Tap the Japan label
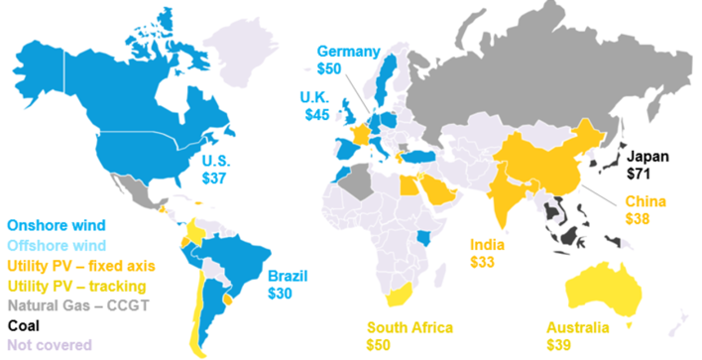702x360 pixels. (x=647, y=156)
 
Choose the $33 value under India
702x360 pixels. (x=485, y=265)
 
